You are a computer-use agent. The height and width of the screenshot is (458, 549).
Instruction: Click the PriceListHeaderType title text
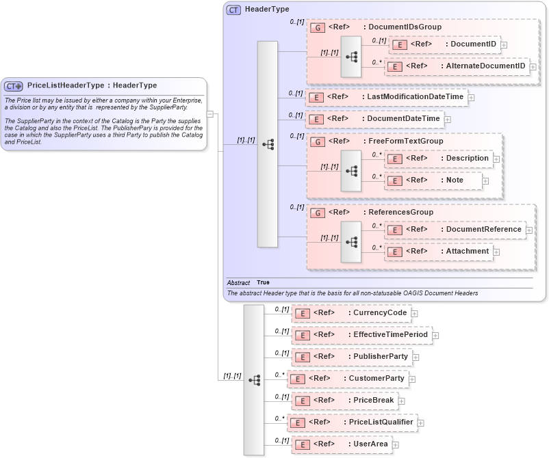[x=92, y=85]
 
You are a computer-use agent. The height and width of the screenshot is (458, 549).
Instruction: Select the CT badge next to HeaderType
[x=233, y=10]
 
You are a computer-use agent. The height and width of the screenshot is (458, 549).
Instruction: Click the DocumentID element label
[x=472, y=44]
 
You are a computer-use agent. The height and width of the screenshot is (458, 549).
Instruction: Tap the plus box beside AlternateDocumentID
[x=532, y=66]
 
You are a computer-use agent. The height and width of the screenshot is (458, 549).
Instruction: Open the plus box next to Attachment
[x=496, y=252]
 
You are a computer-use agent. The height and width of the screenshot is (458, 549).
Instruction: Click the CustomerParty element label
[x=376, y=379]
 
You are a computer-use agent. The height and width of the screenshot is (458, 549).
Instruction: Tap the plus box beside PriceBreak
[x=402, y=401]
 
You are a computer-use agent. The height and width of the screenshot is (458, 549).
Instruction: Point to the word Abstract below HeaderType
[x=238, y=282]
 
